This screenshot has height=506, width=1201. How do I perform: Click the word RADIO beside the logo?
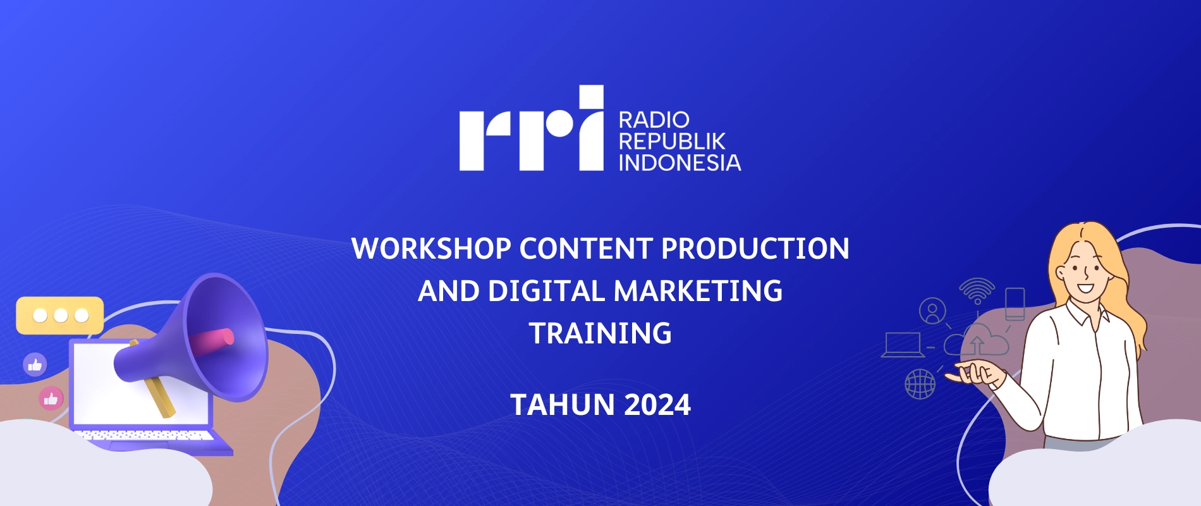[x=654, y=120]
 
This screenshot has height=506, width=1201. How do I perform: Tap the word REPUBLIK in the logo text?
[x=672, y=141]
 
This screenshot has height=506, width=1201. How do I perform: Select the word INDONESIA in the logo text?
[x=680, y=163]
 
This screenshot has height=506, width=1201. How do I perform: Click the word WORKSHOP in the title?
[x=431, y=249]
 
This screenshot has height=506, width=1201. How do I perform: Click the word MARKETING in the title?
[x=698, y=291]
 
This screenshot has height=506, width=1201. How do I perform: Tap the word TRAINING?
[x=600, y=333]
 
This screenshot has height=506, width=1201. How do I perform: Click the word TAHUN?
[x=563, y=405]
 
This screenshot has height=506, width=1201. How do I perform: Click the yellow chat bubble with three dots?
[x=60, y=315]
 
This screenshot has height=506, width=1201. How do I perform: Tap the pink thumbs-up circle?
[x=51, y=398]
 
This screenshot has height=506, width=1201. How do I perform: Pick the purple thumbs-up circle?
[x=35, y=364]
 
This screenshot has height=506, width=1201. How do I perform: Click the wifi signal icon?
[x=977, y=290]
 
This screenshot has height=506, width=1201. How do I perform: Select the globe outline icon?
[x=920, y=384]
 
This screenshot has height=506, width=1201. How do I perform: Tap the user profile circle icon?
[x=932, y=311]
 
